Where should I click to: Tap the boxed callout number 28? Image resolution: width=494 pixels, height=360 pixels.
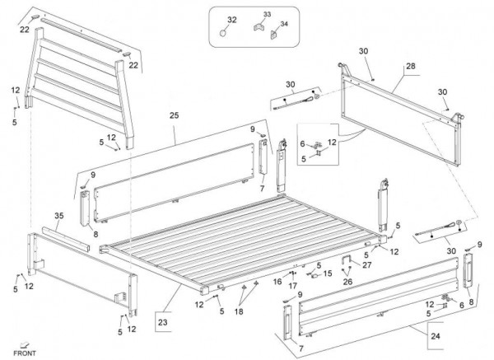tap(411, 66)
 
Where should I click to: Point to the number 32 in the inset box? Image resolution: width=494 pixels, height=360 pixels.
tap(231, 19)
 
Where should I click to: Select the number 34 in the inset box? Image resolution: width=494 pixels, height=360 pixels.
tap(285, 25)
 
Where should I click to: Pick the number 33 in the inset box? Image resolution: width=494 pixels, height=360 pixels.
tap(266, 14)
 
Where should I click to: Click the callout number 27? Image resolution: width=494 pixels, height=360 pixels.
tap(366, 264)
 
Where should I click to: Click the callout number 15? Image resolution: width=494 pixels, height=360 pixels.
tap(327, 273)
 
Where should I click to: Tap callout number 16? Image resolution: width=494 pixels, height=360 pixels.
tap(278, 281)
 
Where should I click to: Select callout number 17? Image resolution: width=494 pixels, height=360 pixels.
tap(292, 286)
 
